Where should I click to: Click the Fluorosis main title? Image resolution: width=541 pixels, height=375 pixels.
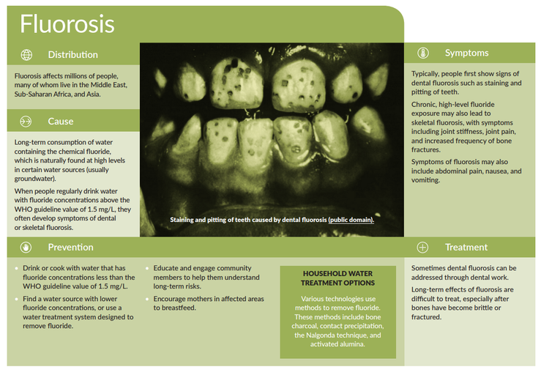coord(67,24)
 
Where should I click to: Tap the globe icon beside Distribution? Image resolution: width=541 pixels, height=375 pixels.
coord(26,54)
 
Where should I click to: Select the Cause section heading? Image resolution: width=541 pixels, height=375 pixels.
coord(61,121)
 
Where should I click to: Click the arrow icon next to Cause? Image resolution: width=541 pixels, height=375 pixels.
coord(26,121)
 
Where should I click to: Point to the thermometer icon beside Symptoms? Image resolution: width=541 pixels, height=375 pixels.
coord(423,53)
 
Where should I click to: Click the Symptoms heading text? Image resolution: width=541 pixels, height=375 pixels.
coord(467,53)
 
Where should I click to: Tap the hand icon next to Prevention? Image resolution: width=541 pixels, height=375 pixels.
coord(26,248)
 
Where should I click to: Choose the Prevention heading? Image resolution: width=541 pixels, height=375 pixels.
coord(71,248)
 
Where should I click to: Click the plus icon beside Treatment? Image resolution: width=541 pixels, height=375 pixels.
coord(422,248)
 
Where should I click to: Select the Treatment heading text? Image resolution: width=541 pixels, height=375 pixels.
coord(466,248)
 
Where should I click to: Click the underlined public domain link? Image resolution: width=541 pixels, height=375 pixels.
coord(351,220)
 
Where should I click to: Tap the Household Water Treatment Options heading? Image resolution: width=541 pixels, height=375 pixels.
coord(337,278)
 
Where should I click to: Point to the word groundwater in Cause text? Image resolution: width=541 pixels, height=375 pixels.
coord(34,179)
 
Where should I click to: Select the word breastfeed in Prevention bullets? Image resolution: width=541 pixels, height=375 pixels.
coord(179,308)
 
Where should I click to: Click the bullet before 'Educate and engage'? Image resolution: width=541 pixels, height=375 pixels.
coord(147,268)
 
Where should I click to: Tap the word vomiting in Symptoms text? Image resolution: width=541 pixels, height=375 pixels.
coord(426,180)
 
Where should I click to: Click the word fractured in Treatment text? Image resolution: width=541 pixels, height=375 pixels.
coord(426,317)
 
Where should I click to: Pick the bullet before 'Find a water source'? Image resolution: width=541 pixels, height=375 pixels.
coord(16,299)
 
